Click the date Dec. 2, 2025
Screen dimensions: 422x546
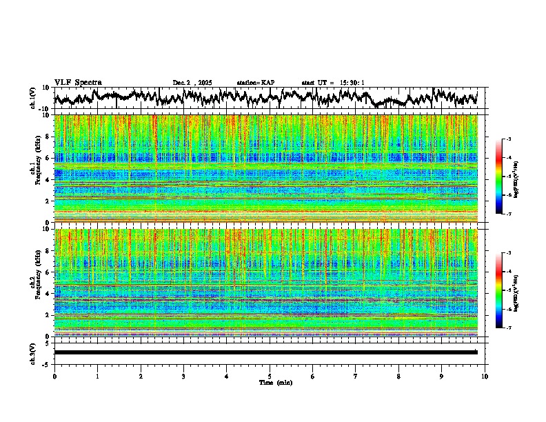(x=194, y=83)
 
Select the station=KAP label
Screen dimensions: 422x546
(x=256, y=83)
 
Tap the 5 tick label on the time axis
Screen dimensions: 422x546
(x=270, y=376)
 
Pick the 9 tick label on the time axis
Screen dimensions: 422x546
(x=442, y=376)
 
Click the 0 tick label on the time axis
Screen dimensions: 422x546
(x=54, y=376)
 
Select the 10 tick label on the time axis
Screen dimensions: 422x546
(x=485, y=376)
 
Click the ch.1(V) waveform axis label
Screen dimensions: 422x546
(x=34, y=98)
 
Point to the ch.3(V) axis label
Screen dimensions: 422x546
(x=34, y=352)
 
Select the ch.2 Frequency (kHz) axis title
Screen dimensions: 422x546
(x=34, y=282)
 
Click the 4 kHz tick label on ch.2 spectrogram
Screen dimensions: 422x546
(x=47, y=293)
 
